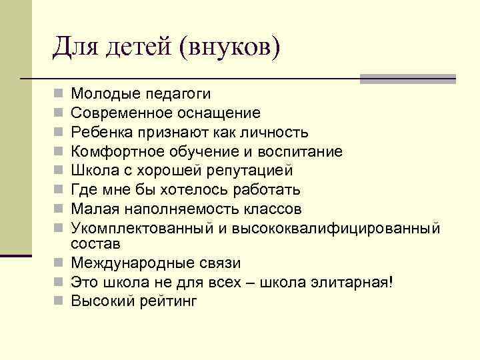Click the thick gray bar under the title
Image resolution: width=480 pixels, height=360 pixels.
click(x=407, y=79)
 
